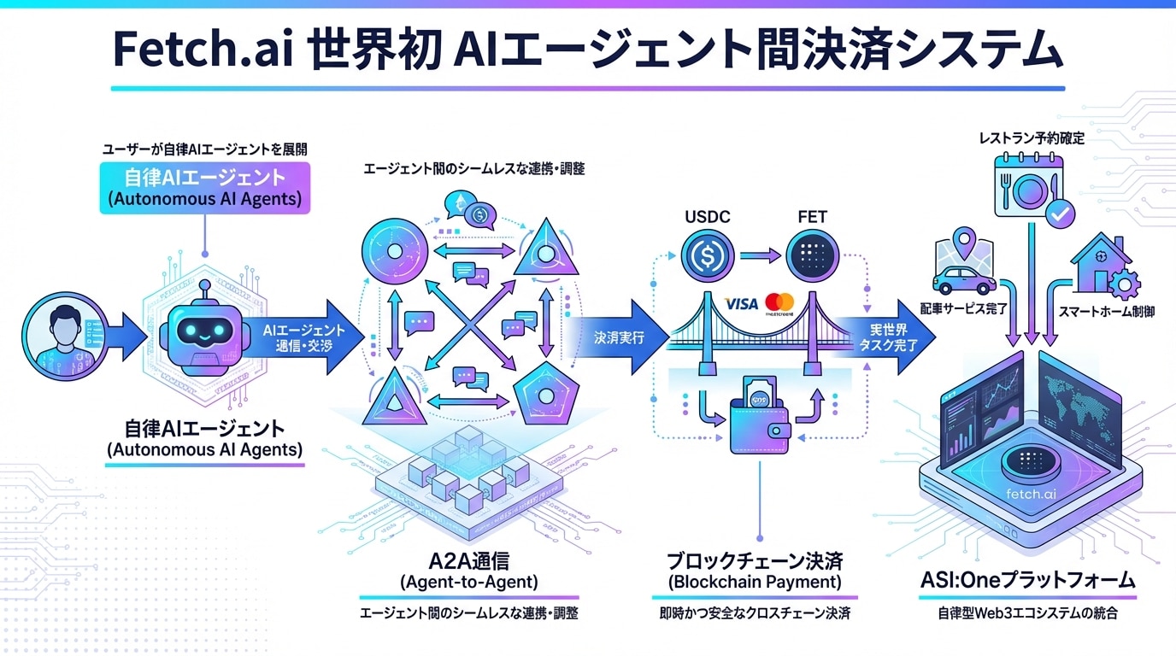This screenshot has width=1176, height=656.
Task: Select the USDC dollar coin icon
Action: point(709,255)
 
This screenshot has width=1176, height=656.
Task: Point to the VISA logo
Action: point(740,303)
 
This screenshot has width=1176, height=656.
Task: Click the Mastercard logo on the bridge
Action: point(779,302)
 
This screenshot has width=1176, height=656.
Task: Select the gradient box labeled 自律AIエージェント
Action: point(204,189)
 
